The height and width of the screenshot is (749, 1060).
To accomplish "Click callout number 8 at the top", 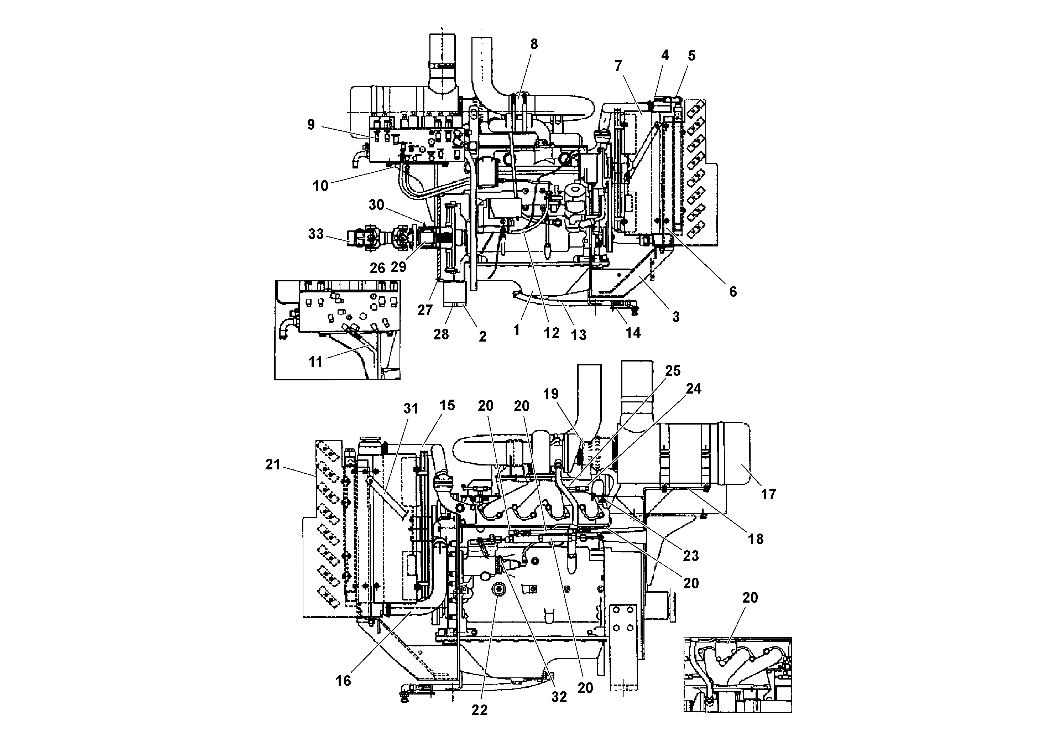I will click(534, 44).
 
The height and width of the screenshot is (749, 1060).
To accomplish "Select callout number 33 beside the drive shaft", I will click(316, 234).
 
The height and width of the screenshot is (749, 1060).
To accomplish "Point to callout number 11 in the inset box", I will click(315, 362).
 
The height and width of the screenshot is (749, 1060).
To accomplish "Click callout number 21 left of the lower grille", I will click(273, 464).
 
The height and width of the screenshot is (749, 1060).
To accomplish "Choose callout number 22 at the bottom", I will click(479, 710).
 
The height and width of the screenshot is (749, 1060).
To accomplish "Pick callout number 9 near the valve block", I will click(311, 124).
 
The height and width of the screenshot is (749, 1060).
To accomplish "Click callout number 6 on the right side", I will click(733, 291).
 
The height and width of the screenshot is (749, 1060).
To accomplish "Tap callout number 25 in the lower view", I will click(673, 371).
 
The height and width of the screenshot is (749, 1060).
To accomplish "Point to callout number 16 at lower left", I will click(343, 681).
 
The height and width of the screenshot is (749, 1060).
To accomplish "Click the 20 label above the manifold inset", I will click(750, 598).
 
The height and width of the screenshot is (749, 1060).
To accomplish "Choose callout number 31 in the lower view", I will click(411, 409).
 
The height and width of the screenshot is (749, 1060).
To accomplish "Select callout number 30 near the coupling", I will click(376, 204).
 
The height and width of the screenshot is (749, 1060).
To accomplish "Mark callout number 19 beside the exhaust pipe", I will click(551, 394).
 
